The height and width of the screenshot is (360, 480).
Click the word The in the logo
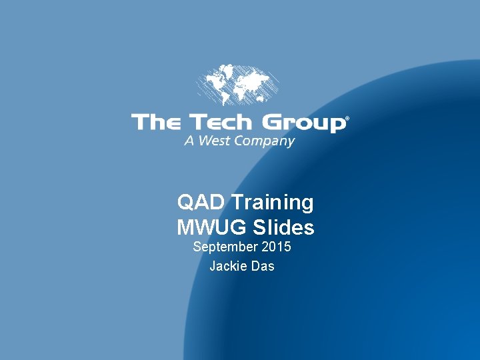156,123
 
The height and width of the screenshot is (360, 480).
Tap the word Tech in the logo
221,123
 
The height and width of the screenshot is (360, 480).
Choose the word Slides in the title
283,227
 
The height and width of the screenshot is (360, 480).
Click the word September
225,247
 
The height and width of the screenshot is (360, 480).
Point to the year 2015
277,247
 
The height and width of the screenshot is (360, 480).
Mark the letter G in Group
272,123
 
